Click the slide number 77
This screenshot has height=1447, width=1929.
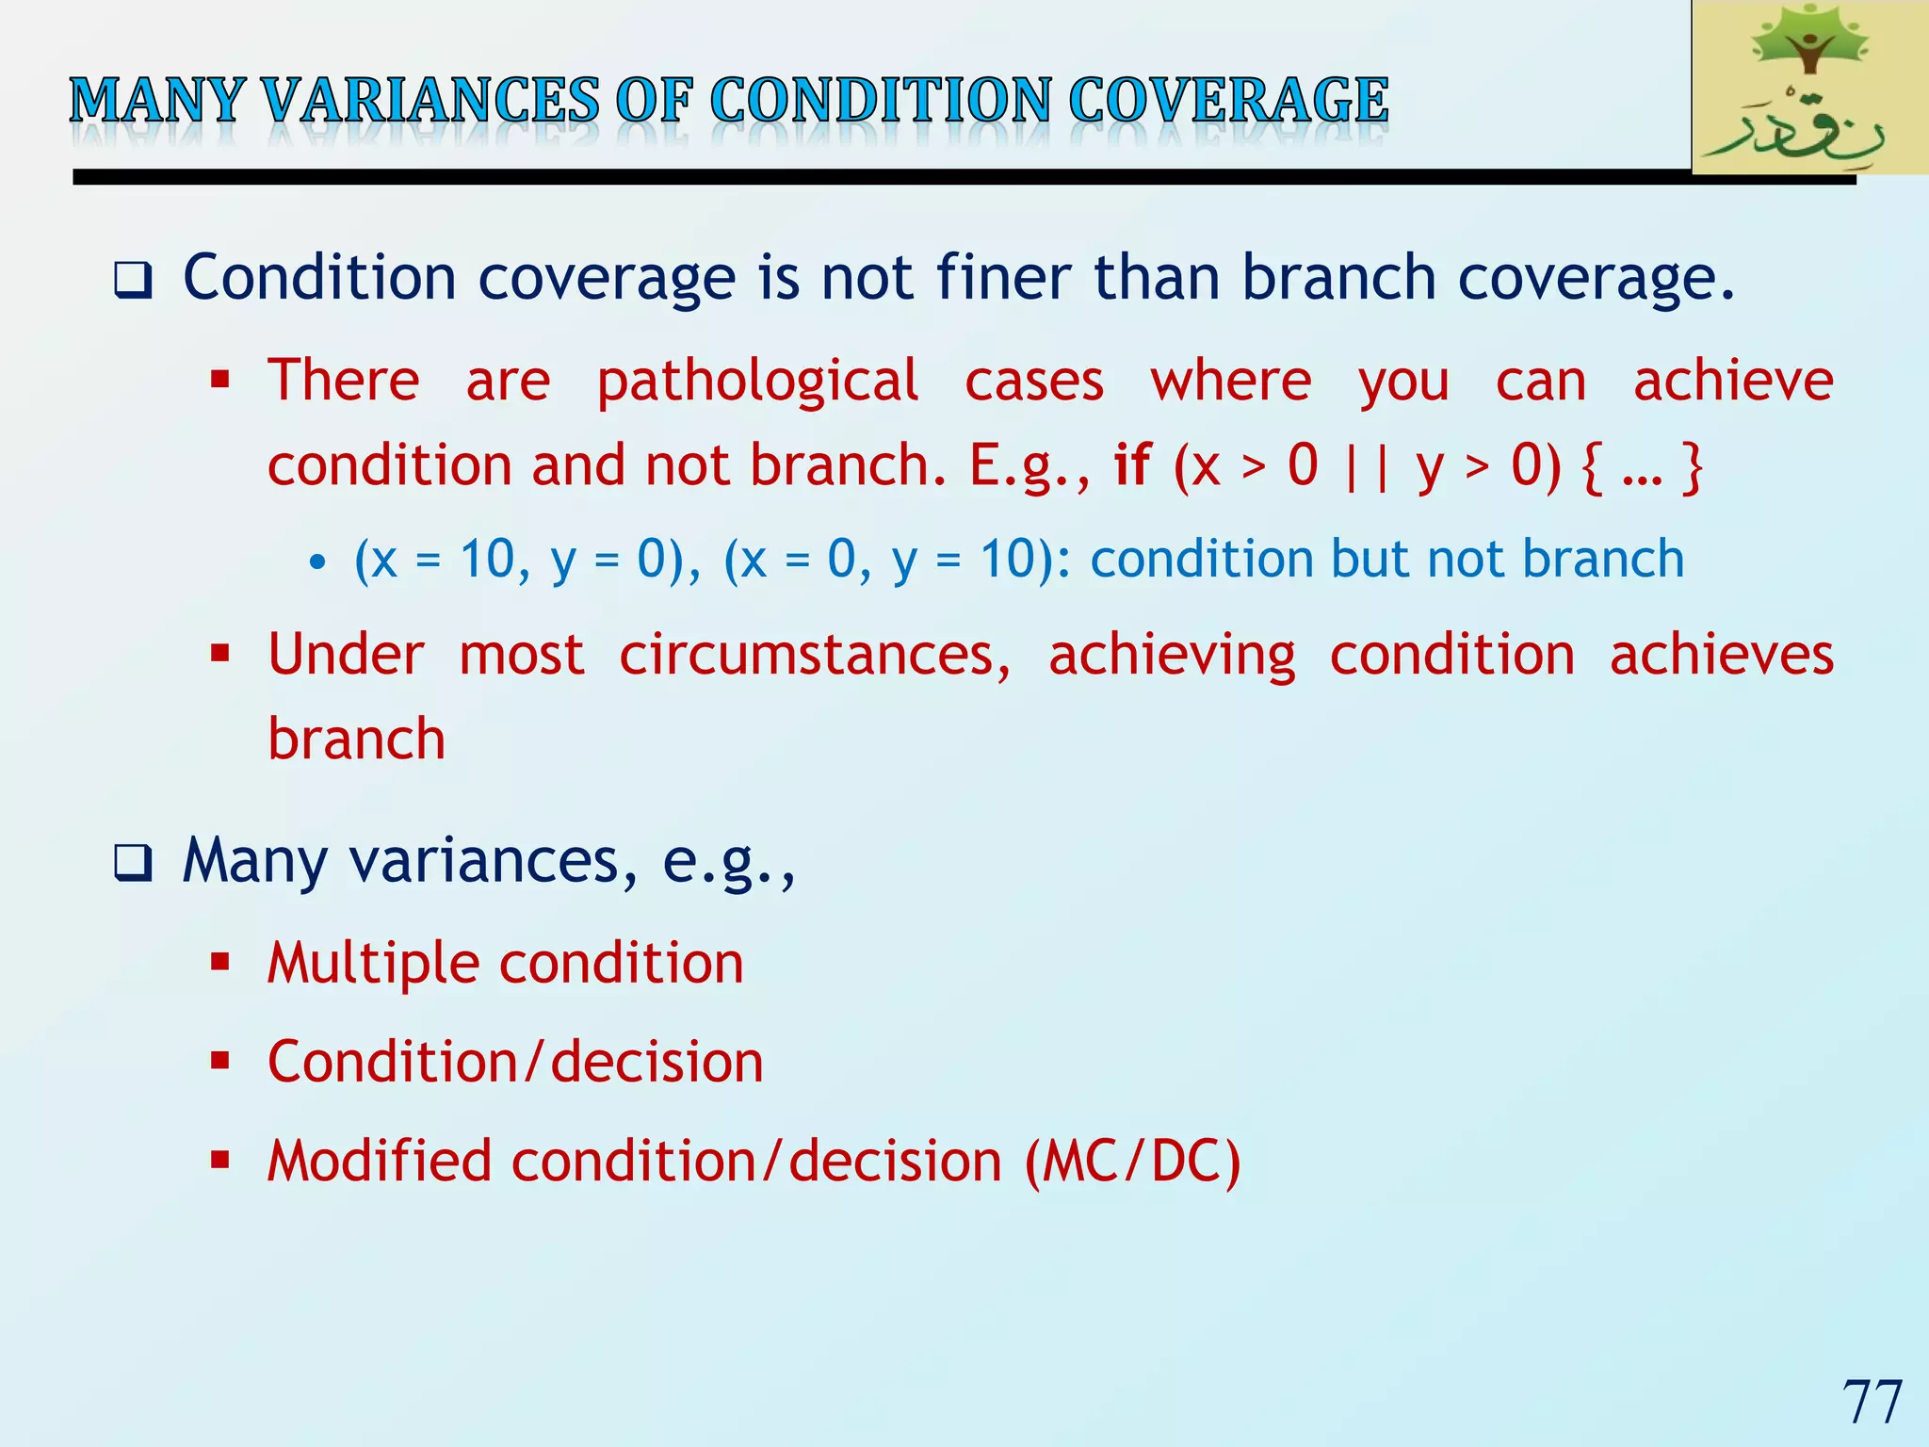[1872, 1402]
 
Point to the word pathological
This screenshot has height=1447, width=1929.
[757, 382]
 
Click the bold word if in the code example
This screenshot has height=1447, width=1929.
[1132, 465]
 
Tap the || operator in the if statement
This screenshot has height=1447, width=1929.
[1367, 465]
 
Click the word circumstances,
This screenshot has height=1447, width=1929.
[816, 655]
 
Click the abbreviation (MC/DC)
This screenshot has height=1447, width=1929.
[1133, 1162]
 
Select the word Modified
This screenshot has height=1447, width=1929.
[380, 1162]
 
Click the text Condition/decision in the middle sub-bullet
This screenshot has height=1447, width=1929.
[515, 1063]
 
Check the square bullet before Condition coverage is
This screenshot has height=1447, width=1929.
[133, 280]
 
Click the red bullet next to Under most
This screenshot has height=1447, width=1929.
[220, 653]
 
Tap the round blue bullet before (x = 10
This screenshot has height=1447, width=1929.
[317, 563]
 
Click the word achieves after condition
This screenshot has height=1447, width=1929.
[1721, 655]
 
